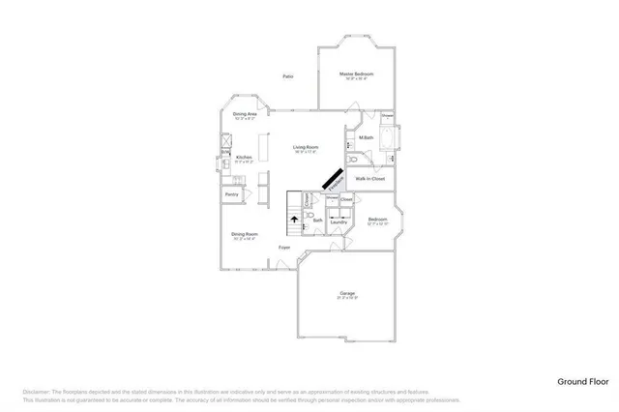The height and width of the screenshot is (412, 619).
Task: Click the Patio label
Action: tap(288, 76)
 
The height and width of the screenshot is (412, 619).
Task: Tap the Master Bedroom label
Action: tap(356, 74)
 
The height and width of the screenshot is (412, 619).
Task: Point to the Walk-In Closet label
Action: tap(370, 179)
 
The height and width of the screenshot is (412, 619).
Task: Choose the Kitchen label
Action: tap(244, 157)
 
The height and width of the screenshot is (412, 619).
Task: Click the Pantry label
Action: tap(232, 195)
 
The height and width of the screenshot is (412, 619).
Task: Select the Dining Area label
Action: tap(245, 114)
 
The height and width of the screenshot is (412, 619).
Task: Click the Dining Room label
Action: tap(244, 234)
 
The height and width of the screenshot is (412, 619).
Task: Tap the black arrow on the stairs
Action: tap(294, 221)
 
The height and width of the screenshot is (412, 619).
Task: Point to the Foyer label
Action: tap(284, 248)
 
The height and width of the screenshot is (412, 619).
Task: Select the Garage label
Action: tap(347, 293)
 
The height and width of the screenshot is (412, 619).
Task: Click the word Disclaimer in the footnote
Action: tap(35, 391)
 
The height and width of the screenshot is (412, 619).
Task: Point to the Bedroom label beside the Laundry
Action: tap(378, 220)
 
